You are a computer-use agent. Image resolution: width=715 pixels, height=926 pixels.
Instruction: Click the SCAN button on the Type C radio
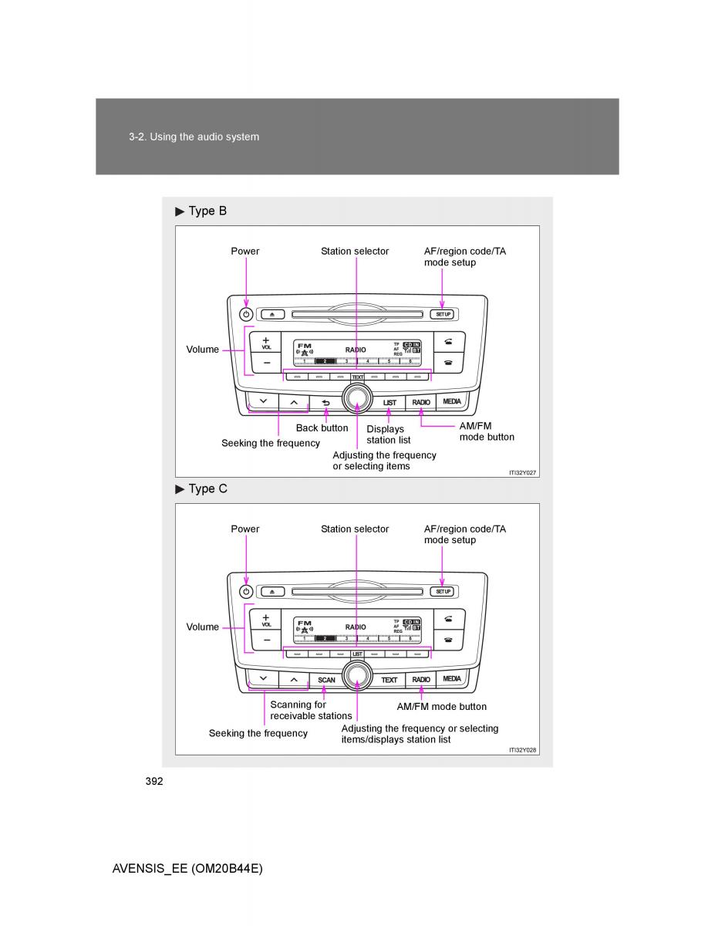[x=326, y=679]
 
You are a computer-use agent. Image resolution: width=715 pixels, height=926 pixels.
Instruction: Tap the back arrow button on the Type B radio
[x=325, y=402]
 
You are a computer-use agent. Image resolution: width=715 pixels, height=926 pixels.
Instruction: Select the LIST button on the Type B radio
[x=390, y=402]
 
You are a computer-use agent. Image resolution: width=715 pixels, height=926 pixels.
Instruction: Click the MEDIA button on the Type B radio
[x=452, y=401]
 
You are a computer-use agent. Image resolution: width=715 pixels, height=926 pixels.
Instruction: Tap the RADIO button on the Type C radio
[x=421, y=679]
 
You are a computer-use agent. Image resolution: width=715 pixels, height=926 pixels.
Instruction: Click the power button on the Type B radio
[x=246, y=314]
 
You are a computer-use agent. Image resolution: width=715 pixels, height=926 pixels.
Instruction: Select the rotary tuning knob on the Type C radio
[x=356, y=676]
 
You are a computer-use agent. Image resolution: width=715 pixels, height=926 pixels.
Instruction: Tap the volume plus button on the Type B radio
[x=265, y=341]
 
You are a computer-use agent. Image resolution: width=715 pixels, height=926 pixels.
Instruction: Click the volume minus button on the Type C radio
[x=265, y=640]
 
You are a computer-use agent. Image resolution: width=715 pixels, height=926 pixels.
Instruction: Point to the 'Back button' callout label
[x=322, y=428]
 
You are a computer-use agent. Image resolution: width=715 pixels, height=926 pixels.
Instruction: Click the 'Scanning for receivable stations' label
[x=311, y=710]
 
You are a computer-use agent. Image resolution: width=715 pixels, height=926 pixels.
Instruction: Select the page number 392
[x=154, y=781]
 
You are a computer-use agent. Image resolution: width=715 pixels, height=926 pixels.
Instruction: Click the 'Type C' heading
[x=207, y=488]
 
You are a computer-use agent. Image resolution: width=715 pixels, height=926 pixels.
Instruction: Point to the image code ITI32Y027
[x=522, y=471]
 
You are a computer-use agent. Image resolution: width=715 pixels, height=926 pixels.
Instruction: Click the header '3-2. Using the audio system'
[x=194, y=137]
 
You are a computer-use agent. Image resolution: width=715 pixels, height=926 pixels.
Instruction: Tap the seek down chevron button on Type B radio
[x=264, y=401]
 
